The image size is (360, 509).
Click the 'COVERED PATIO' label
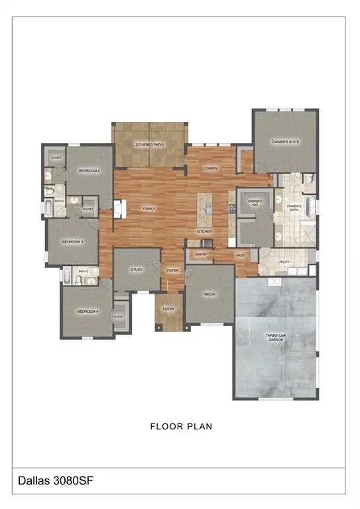click(x=150, y=144)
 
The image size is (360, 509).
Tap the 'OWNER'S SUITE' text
click(x=286, y=142)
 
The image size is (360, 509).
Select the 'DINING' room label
click(x=211, y=168)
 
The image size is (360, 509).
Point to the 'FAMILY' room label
click(x=150, y=209)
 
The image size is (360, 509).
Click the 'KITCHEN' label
click(x=204, y=231)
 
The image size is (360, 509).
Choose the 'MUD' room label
click(x=240, y=254)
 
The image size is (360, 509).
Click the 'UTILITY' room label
click(x=284, y=262)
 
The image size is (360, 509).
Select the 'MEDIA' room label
click(x=210, y=294)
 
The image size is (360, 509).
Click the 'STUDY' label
click(x=137, y=270)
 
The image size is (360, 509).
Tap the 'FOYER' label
click(x=172, y=270)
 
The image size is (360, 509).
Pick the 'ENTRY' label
click(x=168, y=308)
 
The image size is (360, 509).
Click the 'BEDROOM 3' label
click(x=72, y=242)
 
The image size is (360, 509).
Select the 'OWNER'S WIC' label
click(x=255, y=202)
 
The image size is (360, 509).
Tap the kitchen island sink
click(x=208, y=209)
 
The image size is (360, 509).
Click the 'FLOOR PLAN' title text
click(x=181, y=426)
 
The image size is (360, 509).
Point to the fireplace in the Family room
click(x=117, y=209)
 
